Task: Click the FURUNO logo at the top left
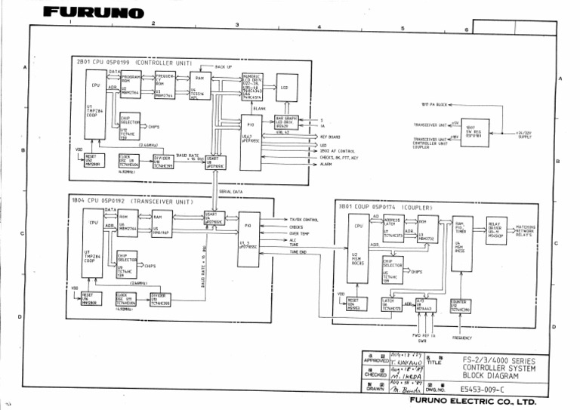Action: pos(93,13)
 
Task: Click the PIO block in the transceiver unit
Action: pos(248,240)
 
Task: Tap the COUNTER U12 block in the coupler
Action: pos(460,307)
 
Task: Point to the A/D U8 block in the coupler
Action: pos(425,305)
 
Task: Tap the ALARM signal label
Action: pos(326,164)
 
